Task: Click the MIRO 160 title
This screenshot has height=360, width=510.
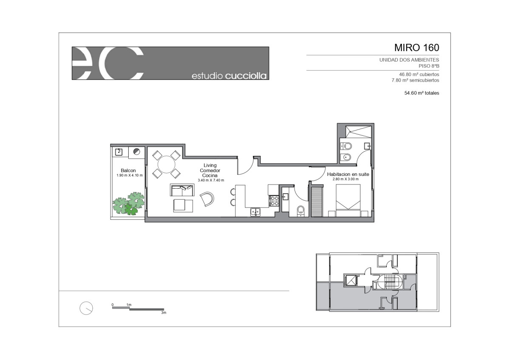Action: point(416,48)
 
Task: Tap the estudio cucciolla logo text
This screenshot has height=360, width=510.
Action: point(229,76)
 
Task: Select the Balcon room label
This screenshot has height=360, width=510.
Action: point(128,170)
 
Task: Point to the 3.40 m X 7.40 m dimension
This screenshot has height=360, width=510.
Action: point(211,180)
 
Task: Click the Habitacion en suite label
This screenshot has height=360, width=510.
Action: point(348,174)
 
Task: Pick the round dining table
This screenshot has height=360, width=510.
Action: point(167,164)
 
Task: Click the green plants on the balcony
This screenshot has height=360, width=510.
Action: point(129,203)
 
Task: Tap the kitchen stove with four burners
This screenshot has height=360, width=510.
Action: point(274,201)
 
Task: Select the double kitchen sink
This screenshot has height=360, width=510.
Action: point(255,212)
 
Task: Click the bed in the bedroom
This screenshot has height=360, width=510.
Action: point(348,200)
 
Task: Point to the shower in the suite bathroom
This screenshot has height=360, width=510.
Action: point(358,132)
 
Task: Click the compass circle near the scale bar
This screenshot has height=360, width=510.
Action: point(86,308)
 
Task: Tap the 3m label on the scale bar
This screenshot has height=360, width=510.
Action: point(164,313)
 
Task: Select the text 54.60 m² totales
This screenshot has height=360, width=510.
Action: point(422,93)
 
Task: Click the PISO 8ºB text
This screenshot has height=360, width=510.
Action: point(429,66)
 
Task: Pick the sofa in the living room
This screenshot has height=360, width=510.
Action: point(182,190)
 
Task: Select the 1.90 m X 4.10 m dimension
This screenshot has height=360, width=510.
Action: point(130,176)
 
